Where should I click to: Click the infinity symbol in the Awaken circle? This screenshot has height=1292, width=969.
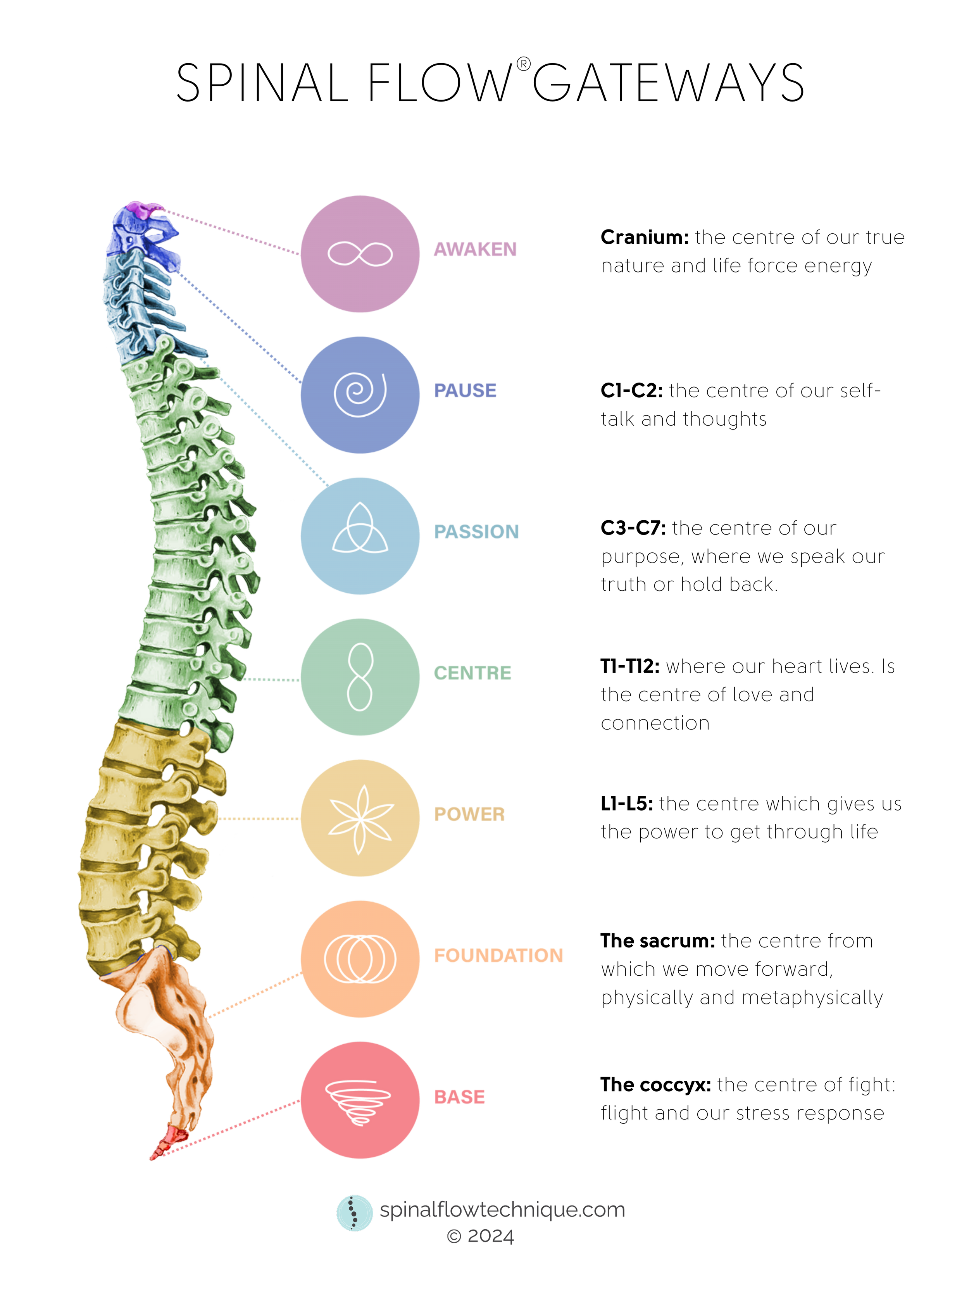point(360,254)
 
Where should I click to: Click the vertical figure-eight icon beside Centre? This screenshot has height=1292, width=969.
point(360,676)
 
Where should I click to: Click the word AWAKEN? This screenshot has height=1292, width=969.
point(475,249)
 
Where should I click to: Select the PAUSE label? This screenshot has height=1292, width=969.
point(464,390)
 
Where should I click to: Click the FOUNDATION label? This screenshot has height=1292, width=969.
point(498,956)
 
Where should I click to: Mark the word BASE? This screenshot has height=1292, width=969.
point(459,1097)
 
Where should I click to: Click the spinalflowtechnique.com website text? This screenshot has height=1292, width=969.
point(502,1210)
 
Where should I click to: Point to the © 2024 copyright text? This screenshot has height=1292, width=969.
point(479,1236)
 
